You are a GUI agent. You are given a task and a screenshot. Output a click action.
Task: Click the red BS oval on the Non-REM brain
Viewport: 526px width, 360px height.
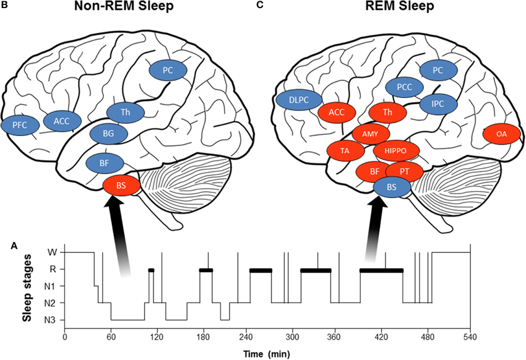point(121,186)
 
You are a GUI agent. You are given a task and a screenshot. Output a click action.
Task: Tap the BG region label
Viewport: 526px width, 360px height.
point(108,133)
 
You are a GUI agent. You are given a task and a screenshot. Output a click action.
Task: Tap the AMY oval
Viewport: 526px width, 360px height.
point(371,134)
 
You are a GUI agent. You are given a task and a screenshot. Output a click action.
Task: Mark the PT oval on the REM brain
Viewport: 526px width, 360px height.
point(403,171)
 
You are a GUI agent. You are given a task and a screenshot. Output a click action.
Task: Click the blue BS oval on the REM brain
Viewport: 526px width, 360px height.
point(391,186)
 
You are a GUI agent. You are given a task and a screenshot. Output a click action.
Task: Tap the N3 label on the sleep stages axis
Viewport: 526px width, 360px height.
point(52,320)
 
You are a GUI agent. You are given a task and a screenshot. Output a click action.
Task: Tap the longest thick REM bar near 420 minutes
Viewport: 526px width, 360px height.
point(381,270)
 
